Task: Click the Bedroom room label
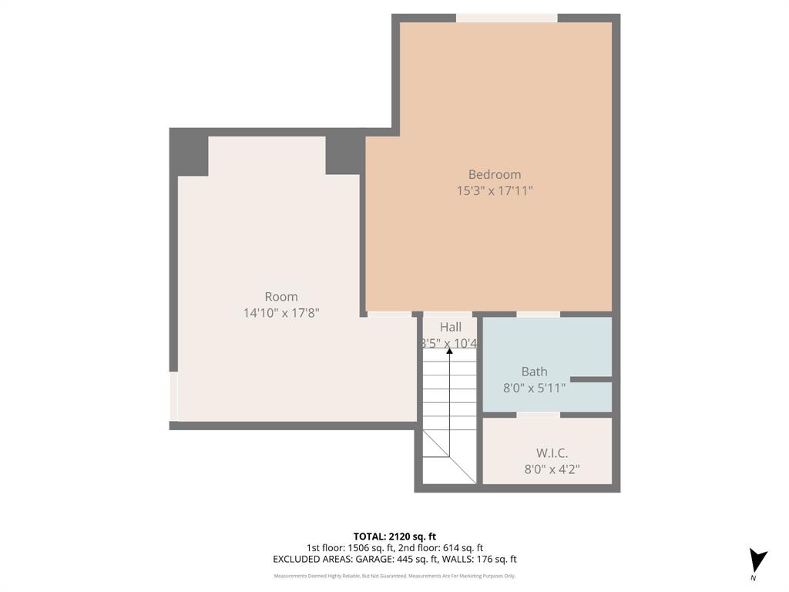(x=495, y=174)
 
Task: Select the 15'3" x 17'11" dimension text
(x=495, y=190)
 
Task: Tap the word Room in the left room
(x=281, y=297)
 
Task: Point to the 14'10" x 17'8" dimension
(x=281, y=313)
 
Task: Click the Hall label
(x=451, y=328)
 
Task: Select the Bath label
(x=534, y=372)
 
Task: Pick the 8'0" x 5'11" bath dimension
(x=534, y=388)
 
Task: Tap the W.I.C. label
(x=552, y=452)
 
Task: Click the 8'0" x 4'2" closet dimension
(x=552, y=469)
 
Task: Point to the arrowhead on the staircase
(x=450, y=351)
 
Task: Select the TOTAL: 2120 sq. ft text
(x=394, y=536)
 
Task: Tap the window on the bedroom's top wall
(x=506, y=18)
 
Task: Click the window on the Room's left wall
(x=173, y=396)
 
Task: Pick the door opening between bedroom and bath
(x=538, y=314)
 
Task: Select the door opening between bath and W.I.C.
(x=538, y=415)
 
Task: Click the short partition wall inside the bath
(x=590, y=379)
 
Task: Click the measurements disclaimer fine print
(x=394, y=576)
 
